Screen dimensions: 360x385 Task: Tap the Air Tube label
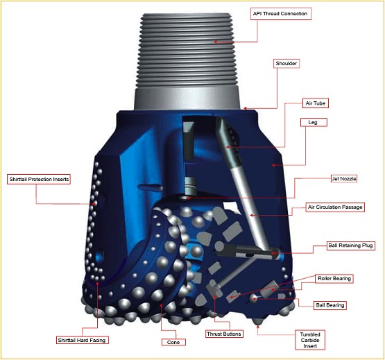tap(316, 103)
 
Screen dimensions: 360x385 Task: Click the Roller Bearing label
tap(334, 278)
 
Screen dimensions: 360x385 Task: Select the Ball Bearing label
tap(330, 305)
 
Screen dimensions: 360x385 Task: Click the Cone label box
tap(170, 342)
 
